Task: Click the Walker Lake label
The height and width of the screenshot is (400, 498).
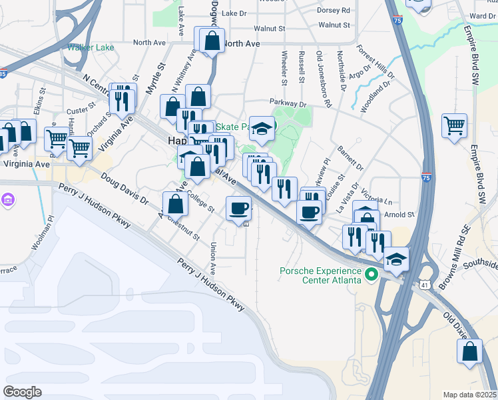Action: coord(91,47)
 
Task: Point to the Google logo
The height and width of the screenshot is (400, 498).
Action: coord(22,392)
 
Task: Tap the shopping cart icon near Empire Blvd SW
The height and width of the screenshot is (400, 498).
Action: coord(454,125)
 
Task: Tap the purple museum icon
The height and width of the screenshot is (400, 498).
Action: coord(8,200)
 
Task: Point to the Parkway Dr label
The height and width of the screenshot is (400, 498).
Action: coord(287,103)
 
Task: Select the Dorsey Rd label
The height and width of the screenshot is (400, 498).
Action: coord(334,10)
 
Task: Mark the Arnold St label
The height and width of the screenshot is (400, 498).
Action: coord(401,215)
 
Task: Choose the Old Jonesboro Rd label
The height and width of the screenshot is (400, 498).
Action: coord(323,79)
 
